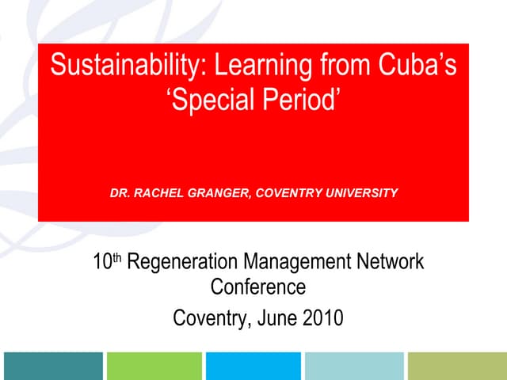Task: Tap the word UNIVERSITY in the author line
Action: tap(360, 192)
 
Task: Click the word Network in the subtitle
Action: tap(394, 262)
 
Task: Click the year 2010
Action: tap(323, 318)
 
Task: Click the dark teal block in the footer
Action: tap(52, 366)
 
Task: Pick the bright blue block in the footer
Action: tap(253, 366)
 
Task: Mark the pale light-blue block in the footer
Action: tap(354, 366)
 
